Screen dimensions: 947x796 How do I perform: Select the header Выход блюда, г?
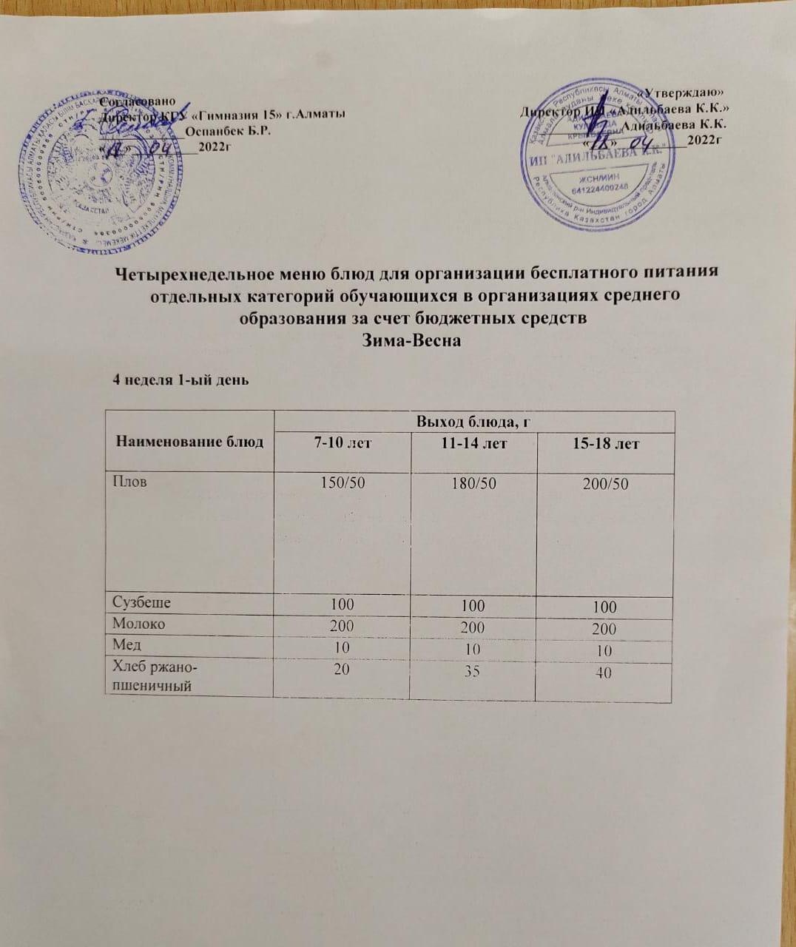[473, 422]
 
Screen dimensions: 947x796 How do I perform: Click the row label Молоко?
[138, 624]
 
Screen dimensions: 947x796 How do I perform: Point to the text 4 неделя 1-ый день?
[179, 380]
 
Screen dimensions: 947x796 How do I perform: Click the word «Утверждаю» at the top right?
[684, 92]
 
